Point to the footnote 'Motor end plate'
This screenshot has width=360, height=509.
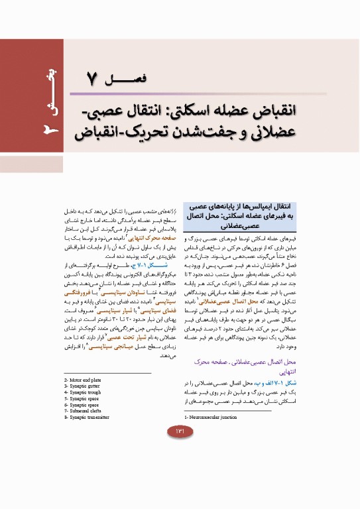[87, 380]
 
